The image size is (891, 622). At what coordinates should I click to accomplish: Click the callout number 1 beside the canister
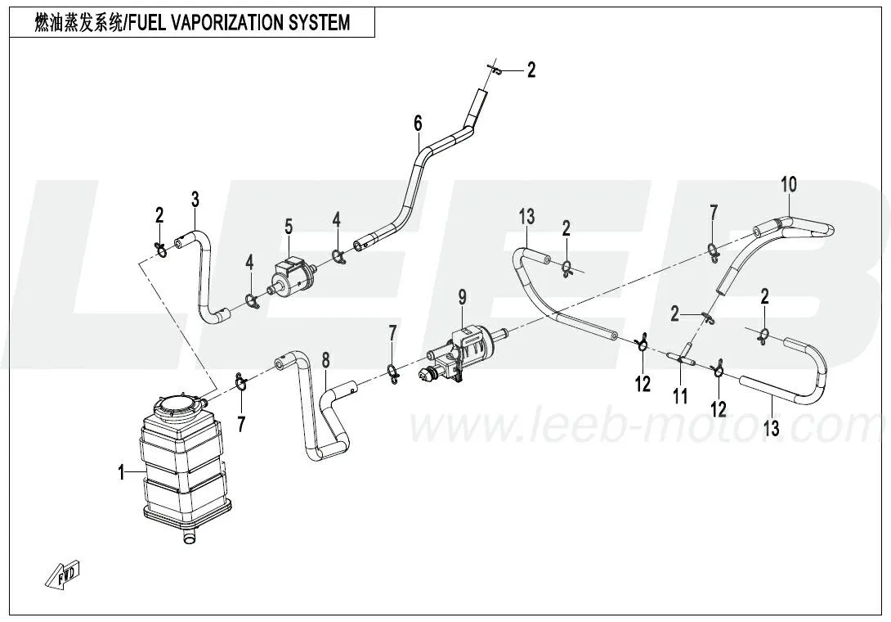coord(121,472)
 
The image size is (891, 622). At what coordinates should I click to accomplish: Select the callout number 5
coord(289,225)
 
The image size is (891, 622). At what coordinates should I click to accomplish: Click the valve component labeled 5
coord(293,276)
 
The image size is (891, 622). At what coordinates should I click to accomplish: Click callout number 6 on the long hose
coord(418,124)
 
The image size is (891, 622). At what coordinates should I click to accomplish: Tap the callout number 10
coord(787,183)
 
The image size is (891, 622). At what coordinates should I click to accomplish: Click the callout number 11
coord(680,396)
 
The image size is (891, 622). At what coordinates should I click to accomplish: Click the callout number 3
coord(195,198)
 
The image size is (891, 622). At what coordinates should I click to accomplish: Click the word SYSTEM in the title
coord(320,22)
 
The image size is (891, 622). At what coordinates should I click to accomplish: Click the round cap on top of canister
coord(176,403)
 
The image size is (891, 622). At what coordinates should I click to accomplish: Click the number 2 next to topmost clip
coord(531,70)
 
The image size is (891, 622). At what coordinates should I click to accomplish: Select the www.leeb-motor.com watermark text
coord(646,426)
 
